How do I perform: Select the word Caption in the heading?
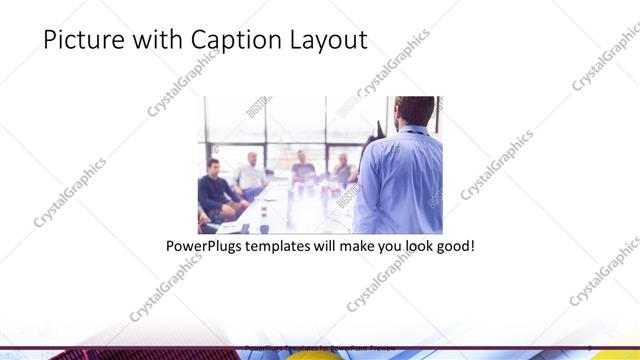[228, 41]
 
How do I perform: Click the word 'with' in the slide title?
[152, 41]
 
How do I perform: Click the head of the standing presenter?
[411, 111]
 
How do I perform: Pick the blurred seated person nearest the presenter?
[343, 170]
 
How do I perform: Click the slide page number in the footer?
[591, 348]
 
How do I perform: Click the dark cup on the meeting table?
[264, 226]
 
